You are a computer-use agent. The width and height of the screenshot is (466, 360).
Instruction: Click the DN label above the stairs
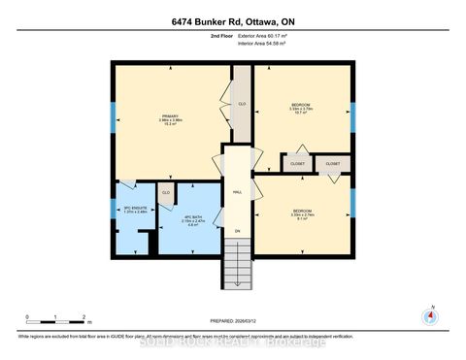236,230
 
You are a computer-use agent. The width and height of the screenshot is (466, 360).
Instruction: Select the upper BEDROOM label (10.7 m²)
301,108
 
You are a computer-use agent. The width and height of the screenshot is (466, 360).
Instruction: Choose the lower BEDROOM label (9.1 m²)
302,213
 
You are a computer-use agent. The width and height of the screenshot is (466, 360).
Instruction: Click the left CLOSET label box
297,164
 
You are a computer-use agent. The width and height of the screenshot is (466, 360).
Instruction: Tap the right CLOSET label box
333,164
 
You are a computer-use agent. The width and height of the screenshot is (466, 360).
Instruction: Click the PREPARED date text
233,321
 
